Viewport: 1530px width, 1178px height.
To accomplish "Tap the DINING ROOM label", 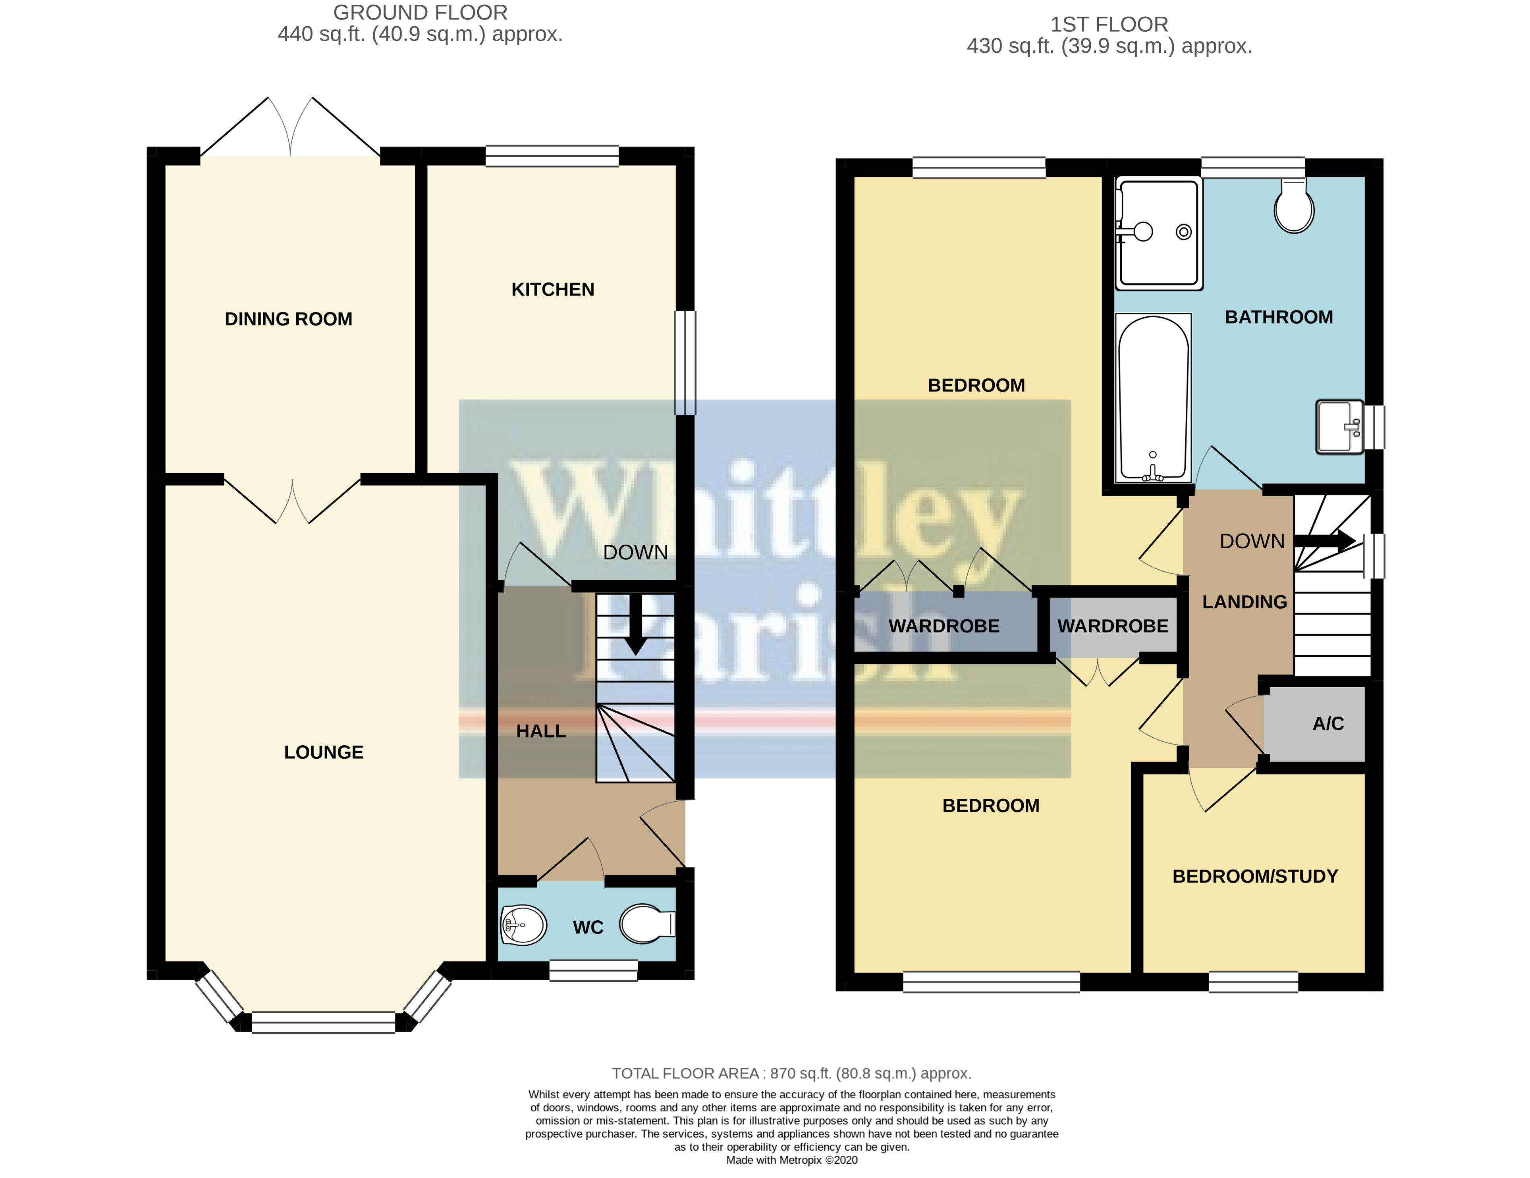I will tap(288, 319).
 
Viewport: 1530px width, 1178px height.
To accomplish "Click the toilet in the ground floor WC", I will tap(646, 924).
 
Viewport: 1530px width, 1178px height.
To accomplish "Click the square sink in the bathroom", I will tap(1339, 426).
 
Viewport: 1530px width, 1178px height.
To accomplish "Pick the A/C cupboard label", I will tap(1327, 723).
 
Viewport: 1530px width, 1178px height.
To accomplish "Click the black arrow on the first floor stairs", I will tap(1324, 541).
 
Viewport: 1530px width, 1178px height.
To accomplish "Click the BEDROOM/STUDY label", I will tap(1255, 876).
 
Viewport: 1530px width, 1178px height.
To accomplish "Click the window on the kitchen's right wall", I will tap(685, 363).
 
